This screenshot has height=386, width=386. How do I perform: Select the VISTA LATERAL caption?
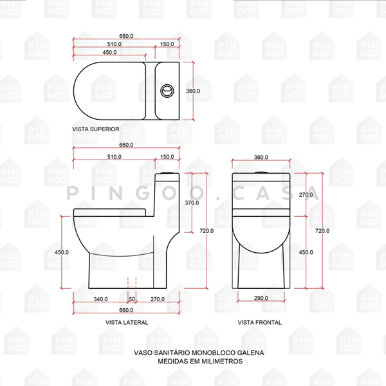click(127, 322)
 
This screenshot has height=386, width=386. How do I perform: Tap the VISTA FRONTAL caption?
click(259, 322)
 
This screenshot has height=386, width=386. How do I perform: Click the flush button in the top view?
click(167, 90)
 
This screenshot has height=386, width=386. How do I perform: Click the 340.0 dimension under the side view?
click(100, 299)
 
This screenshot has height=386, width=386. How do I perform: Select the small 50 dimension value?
click(133, 299)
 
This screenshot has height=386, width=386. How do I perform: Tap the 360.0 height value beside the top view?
click(193, 91)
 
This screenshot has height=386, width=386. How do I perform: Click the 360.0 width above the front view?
click(261, 158)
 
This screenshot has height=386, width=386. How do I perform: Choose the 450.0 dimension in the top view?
click(109, 52)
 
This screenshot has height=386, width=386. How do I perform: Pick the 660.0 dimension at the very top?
click(126, 36)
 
